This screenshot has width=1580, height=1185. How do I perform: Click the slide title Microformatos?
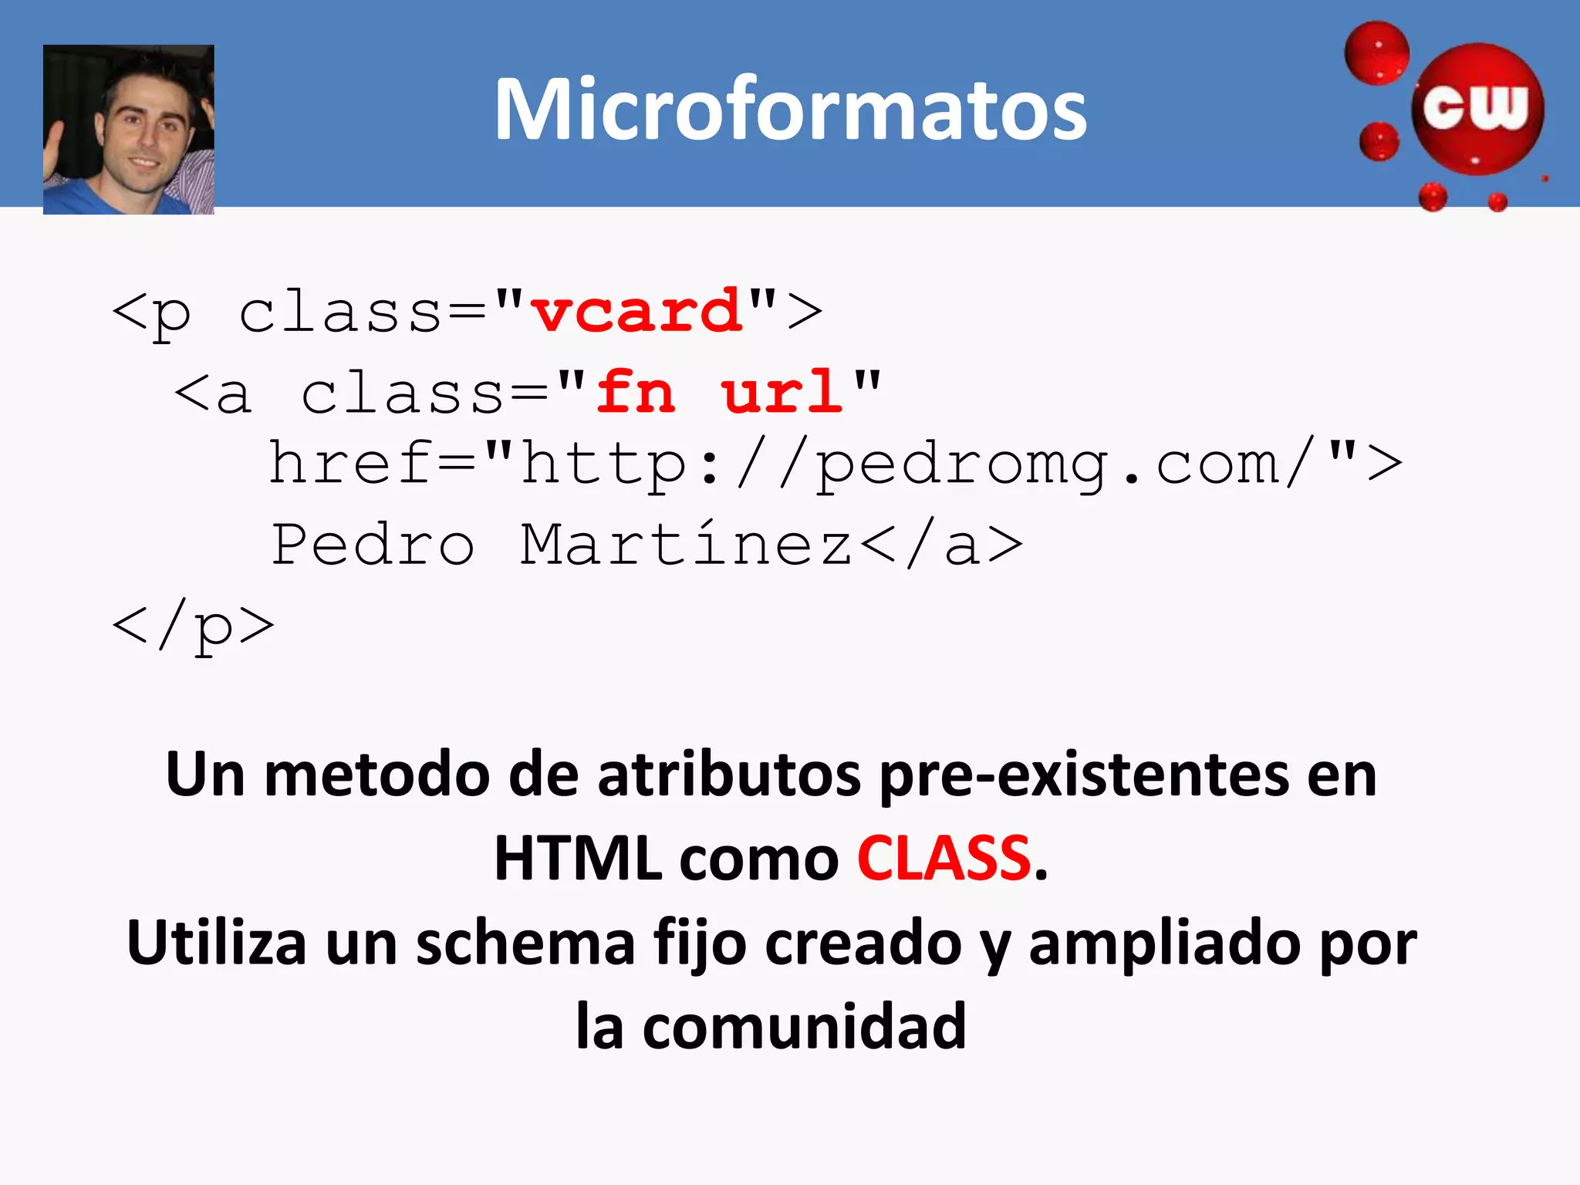(790, 110)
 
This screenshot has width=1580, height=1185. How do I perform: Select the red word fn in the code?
(636, 392)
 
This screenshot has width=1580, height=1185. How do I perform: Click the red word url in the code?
(781, 392)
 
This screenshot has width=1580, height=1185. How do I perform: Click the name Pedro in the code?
(373, 545)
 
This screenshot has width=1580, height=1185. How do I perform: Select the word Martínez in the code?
(686, 545)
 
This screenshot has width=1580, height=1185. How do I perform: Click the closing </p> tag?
(194, 626)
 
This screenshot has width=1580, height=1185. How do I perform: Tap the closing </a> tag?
(941, 545)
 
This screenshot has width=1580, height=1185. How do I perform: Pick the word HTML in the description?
(577, 859)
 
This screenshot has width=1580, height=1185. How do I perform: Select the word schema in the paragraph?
(525, 943)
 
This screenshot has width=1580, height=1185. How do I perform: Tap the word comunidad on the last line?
(804, 1027)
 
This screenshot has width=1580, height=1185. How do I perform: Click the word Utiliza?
(217, 943)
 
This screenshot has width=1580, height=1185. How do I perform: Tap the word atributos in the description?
(728, 775)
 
